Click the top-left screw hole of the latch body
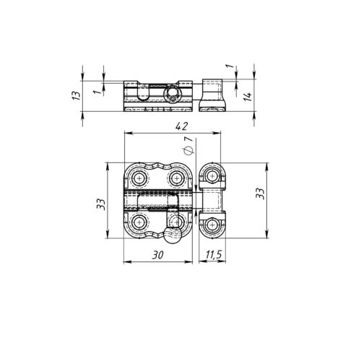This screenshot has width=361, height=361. (x=139, y=178)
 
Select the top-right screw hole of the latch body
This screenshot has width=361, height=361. (x=175, y=178)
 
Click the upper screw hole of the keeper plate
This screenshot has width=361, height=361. (x=212, y=178)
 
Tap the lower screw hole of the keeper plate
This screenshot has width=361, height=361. (x=212, y=225)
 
